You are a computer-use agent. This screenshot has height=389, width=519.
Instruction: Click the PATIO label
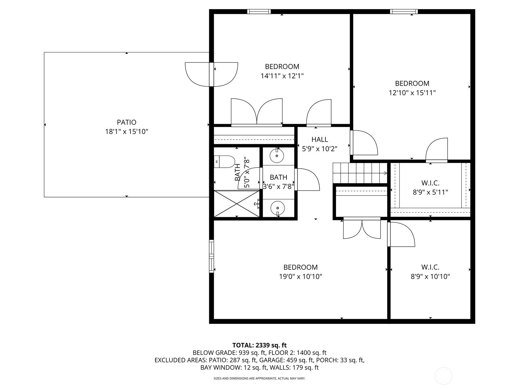pos(127,122)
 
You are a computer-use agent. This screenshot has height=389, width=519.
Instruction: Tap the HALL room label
pos(320,139)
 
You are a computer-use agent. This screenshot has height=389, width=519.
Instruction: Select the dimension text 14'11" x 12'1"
pos(282,76)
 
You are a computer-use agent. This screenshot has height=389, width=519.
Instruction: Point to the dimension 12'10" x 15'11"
pos(412,93)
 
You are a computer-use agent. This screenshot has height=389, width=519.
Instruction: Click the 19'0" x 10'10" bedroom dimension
pos(300,276)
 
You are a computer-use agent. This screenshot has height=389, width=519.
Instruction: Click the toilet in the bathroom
pos(224,161)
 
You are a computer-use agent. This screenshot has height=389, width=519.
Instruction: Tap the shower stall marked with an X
pos(237,204)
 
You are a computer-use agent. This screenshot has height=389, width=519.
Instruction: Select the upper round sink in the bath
pos(277,156)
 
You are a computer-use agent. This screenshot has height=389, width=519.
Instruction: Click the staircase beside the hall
pos(360,173)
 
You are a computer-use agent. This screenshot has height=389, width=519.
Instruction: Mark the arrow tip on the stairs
pos(387,173)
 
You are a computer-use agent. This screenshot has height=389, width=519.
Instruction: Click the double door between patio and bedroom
pos(211,75)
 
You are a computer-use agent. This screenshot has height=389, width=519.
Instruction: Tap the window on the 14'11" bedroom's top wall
pos(259,12)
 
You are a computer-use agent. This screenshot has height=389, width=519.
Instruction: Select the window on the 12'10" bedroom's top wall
pos(404,12)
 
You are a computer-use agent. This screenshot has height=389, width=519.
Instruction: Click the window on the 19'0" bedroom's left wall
pos(211,256)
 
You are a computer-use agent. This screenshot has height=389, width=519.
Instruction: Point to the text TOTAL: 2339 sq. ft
pos(259,345)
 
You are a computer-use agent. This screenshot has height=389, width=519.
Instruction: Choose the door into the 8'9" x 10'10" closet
pos(401,235)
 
